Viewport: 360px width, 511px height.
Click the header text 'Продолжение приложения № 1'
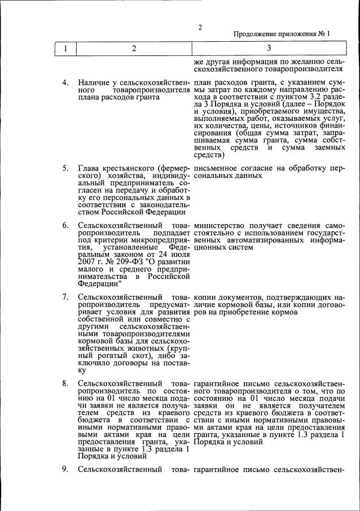click(x=282, y=34)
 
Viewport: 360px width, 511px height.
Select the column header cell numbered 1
click(x=65, y=49)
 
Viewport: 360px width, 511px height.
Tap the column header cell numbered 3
click(x=269, y=49)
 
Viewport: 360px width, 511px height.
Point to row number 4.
click(x=65, y=83)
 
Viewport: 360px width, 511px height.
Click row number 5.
click(x=65, y=168)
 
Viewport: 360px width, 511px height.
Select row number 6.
click(x=65, y=225)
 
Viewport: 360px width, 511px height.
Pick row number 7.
click(x=65, y=296)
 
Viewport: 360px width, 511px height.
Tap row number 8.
click(x=65, y=384)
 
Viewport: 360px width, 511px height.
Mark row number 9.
click(x=65, y=469)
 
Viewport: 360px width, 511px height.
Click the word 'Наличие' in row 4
click(x=94, y=83)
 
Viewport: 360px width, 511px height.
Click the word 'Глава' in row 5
click(x=90, y=168)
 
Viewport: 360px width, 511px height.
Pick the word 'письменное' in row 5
click(x=215, y=168)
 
